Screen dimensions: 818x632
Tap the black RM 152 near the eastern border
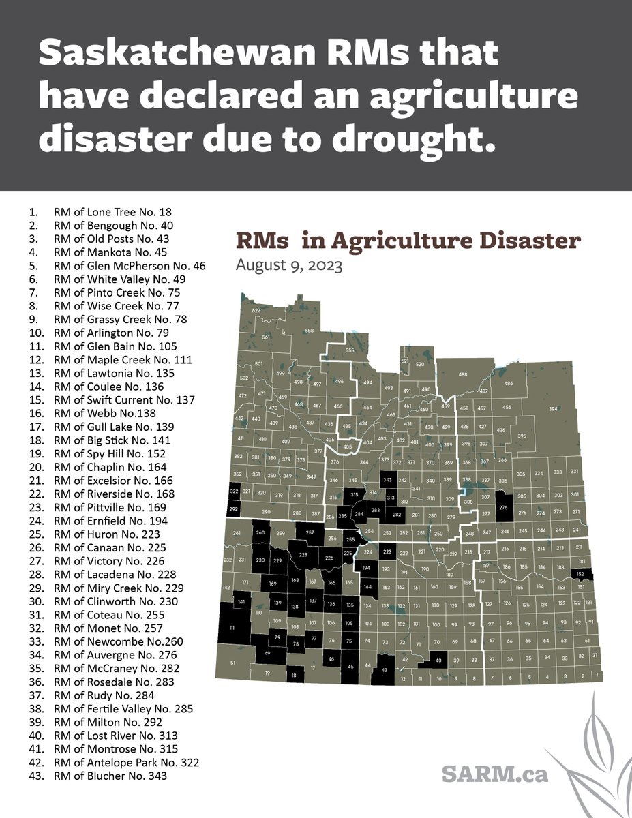pos(581,575)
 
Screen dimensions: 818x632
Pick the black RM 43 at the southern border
pos(384,670)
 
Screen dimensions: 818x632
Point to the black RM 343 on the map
pos(388,480)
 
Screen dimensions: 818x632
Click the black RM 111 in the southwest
pos(232,627)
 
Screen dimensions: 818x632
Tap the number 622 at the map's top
pos(256,311)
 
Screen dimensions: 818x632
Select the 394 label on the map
pos(553,408)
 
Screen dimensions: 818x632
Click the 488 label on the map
pos(463,374)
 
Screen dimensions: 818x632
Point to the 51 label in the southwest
pos(232,663)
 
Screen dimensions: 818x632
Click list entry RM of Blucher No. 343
pos(109,776)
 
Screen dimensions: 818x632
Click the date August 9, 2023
pos(289,265)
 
